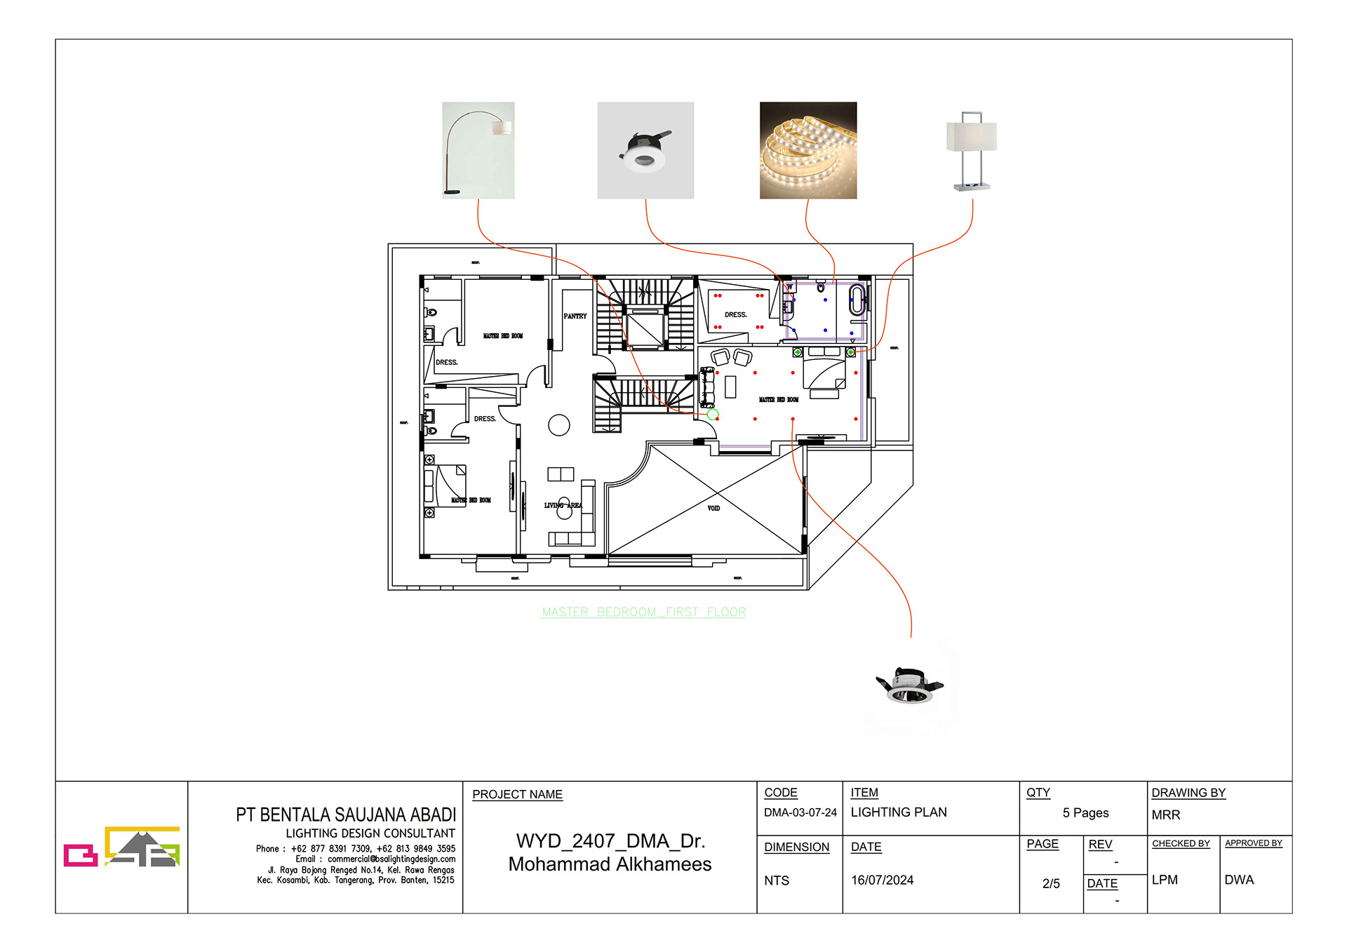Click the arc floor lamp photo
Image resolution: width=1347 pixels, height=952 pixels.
point(478,150)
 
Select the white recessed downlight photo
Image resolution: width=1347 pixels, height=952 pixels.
point(645,150)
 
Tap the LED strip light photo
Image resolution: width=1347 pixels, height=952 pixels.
point(808,150)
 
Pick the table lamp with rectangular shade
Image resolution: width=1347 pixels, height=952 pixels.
point(972,150)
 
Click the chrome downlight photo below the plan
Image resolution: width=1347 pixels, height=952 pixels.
point(910,685)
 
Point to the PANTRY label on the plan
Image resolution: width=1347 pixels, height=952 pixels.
point(575,316)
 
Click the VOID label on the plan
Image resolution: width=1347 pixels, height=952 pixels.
point(713,508)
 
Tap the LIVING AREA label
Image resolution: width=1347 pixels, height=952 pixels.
point(563,505)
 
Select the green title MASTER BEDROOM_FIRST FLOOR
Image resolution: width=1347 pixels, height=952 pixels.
point(643,612)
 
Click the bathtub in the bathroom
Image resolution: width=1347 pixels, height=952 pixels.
point(857,300)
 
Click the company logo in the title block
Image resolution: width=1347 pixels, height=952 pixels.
point(121,847)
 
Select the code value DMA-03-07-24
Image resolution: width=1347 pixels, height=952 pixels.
point(800,812)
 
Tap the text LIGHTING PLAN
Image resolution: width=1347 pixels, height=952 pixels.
point(898,812)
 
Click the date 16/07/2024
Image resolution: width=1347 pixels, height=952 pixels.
point(882,880)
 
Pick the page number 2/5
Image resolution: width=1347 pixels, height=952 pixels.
point(1050,884)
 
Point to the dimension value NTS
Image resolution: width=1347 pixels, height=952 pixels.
point(776,880)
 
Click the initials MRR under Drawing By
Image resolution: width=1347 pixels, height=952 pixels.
point(1165,815)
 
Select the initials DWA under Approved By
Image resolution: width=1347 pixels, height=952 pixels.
point(1238,880)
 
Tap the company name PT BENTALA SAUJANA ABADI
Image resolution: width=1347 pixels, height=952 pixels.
point(345,815)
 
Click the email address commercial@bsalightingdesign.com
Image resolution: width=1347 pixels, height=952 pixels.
point(391,859)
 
